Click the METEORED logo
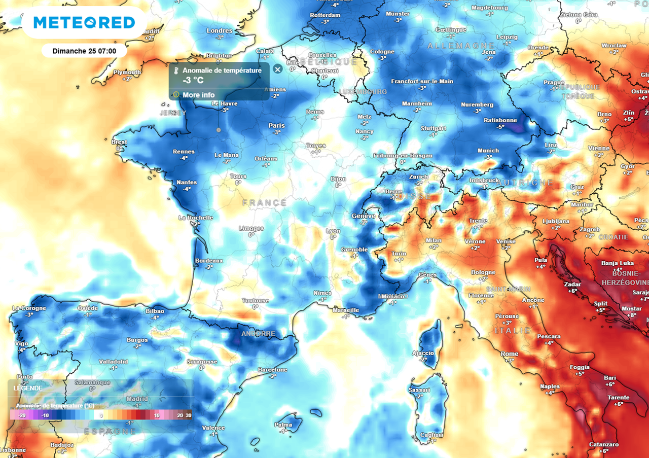(84, 22)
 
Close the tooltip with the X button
(277, 69)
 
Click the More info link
(199, 95)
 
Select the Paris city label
(276, 126)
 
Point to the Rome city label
(510, 354)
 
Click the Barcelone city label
(273, 370)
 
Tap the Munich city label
(488, 151)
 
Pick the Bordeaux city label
(209, 261)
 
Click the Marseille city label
(345, 310)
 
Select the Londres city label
(220, 31)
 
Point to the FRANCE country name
(265, 203)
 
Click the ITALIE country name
(513, 331)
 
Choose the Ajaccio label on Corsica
(423, 353)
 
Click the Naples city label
(550, 386)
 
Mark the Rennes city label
(184, 152)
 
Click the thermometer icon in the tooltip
(176, 71)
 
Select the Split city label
(600, 303)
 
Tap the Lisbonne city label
(13, 450)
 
